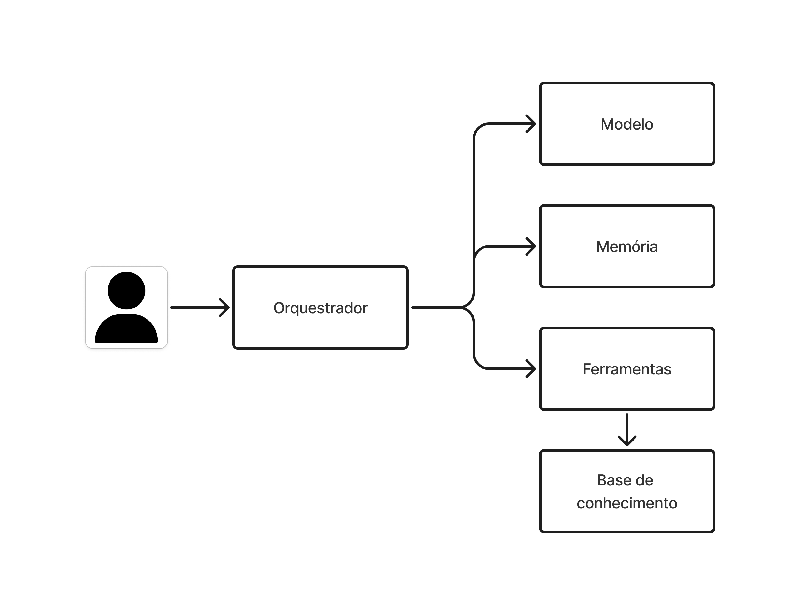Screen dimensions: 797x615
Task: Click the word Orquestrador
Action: (x=320, y=308)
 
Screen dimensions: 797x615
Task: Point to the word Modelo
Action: (x=627, y=124)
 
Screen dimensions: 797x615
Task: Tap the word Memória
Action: (x=627, y=247)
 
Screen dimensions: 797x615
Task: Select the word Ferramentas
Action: (x=627, y=369)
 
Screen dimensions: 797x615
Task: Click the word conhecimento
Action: (x=627, y=503)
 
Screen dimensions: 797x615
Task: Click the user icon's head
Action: (x=126, y=291)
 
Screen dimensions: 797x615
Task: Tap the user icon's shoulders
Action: (x=126, y=328)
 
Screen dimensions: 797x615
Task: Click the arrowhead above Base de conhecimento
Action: (x=627, y=441)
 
